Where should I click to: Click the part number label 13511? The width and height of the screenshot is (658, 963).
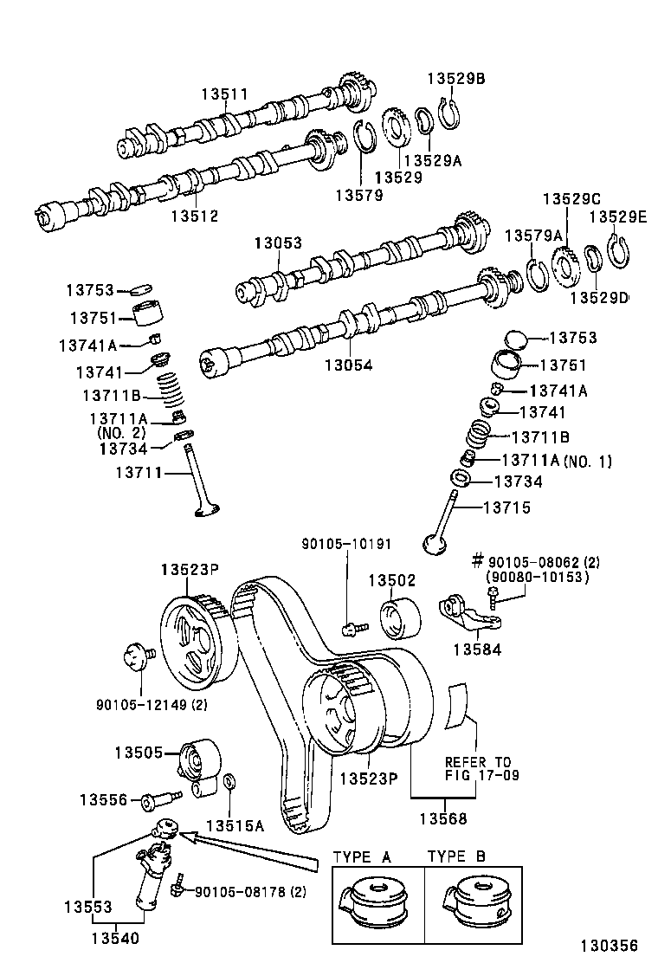(x=224, y=94)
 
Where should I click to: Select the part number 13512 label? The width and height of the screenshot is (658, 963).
(x=194, y=217)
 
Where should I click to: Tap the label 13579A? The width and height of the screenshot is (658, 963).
(x=533, y=236)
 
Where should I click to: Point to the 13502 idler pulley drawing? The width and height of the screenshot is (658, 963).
(x=400, y=617)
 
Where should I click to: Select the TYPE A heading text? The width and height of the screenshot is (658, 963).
(x=363, y=856)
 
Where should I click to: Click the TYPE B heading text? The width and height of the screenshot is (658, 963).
(x=456, y=856)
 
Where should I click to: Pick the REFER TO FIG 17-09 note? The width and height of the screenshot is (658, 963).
(x=482, y=768)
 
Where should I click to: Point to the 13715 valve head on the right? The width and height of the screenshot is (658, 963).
(x=435, y=544)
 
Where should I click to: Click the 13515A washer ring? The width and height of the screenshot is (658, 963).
(x=229, y=783)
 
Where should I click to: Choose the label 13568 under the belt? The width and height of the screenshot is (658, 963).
(x=444, y=818)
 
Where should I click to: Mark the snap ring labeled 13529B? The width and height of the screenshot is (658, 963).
(x=448, y=115)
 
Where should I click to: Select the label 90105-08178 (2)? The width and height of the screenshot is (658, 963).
(x=248, y=892)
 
